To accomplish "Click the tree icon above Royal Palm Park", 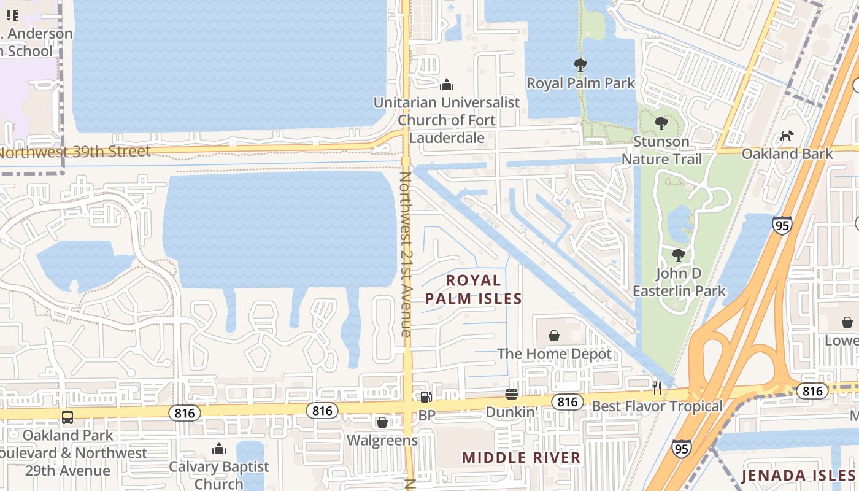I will pos(580,64).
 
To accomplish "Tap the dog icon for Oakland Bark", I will pos(786,136).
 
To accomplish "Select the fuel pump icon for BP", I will pos(425,397).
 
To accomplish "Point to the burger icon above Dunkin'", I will pos(512,393).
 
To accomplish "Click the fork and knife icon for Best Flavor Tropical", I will pos(657,387).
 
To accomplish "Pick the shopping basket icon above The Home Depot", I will pos(554,336).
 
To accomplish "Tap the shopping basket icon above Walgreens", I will pos(382,422).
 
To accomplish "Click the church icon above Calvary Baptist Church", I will pos(219,449).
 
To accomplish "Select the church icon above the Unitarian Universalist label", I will pos(447,84).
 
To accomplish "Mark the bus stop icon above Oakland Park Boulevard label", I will pos(67,417).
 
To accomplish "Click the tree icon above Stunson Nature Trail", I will pos(661,123).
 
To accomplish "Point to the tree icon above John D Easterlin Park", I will pos(678,255).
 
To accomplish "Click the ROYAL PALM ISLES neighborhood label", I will pos(473,290).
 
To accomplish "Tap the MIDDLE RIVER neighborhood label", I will pos(521,458).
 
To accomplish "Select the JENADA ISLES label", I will pos(798,476).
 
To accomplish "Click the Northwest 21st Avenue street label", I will pos(406,253).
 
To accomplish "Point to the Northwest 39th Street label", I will pos(75,152).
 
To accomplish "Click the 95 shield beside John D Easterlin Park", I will pos(782,226).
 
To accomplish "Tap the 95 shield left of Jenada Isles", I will pos(681,449).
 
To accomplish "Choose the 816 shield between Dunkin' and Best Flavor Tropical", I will pos(567,402).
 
